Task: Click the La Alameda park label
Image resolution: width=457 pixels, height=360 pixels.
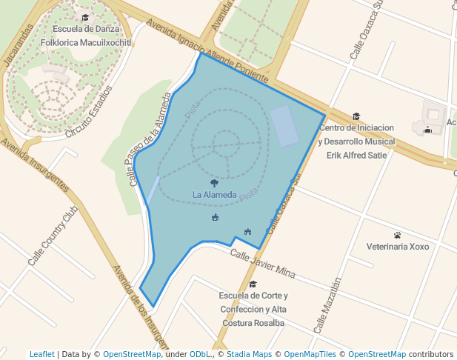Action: pos(214,195)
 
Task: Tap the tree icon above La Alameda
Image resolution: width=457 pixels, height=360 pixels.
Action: pos(214,182)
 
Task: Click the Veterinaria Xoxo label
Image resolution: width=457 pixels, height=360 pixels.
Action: pos(398,247)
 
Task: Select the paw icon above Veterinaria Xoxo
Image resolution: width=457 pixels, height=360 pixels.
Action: pos(398,235)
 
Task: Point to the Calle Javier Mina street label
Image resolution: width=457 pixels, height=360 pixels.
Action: pos(262,264)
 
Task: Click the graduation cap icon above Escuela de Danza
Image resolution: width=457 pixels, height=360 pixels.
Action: pos(85,17)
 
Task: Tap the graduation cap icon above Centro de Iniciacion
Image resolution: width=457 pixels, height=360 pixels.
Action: pos(356,116)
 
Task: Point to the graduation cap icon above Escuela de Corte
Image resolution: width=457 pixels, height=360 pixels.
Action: pos(253,284)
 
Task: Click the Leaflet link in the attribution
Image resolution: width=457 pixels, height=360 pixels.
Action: pos(41,354)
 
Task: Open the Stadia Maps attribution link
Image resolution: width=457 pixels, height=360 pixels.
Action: pos(249,354)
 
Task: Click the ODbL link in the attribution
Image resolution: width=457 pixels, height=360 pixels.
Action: pos(200,354)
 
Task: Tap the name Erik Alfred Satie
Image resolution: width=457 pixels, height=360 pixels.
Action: pos(356,155)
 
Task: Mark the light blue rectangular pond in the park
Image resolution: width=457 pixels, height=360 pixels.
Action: pos(284,126)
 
